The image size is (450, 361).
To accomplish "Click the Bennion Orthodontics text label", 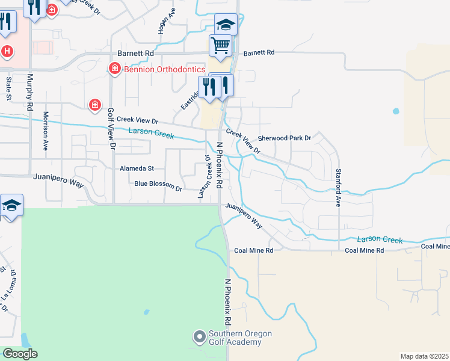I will tap(164, 69).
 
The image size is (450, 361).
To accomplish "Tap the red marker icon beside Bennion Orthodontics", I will tap(114, 70).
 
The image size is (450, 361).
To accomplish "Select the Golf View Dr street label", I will tap(111, 128).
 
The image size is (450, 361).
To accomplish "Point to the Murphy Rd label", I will tap(29, 92).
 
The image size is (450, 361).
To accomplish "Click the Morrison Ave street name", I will tap(46, 131).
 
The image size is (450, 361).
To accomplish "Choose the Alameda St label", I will tap(137, 168).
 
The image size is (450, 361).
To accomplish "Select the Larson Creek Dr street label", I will tap(203, 176).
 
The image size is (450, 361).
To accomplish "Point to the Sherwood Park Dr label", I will tap(284, 138).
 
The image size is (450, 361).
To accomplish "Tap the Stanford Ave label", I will tap(339, 187).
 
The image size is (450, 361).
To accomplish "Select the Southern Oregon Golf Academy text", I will tap(240, 338).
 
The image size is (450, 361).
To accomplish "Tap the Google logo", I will tap(19, 354).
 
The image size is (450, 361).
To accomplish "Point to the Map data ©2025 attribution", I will tap(424, 356).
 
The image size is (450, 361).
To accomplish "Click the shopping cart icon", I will tap(221, 45).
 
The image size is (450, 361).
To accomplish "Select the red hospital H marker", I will tap(7, 51).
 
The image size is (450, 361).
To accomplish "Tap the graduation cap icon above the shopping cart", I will tap(226, 24).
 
